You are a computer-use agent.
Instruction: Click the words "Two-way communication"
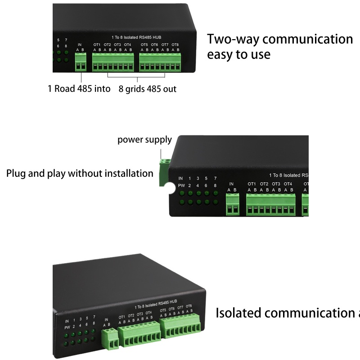279,39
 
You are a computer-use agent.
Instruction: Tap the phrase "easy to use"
238,55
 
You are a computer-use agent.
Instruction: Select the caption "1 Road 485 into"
79,89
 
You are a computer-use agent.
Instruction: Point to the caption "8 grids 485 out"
148,89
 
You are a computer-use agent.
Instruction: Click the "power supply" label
144,139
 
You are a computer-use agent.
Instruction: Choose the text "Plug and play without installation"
80,173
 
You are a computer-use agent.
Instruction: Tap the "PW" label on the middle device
181,185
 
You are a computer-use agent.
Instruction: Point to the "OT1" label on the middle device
252,184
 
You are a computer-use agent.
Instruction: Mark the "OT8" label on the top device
175,45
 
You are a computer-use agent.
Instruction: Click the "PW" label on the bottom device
67,328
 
